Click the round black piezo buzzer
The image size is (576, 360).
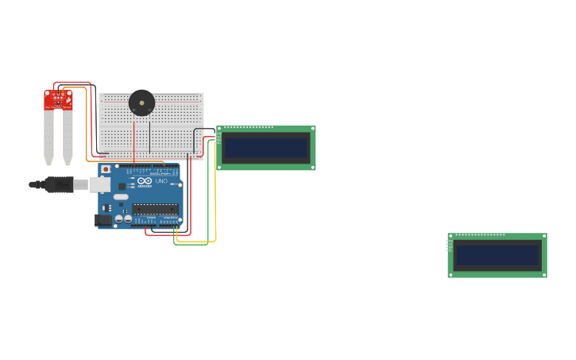(x=141, y=103)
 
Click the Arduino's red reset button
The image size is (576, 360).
(x=106, y=169)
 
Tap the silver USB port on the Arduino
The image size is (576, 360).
(x=99, y=184)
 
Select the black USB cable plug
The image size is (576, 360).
(x=60, y=184)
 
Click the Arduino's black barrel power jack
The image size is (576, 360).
(x=103, y=219)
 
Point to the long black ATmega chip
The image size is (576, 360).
(x=155, y=209)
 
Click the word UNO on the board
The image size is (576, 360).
(x=161, y=181)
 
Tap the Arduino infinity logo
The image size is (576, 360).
(x=144, y=181)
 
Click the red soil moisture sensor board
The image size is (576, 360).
(x=58, y=99)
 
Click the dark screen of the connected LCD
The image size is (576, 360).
(x=265, y=148)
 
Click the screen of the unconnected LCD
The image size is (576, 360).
(x=497, y=255)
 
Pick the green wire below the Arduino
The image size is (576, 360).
(x=191, y=244)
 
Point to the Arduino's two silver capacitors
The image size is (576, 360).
(x=123, y=219)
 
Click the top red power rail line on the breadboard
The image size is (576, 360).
(x=151, y=103)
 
